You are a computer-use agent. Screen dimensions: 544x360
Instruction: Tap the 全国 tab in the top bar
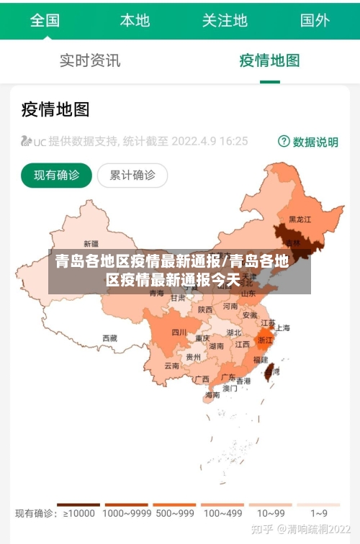click(45, 20)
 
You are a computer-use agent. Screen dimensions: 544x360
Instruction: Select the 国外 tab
click(315, 20)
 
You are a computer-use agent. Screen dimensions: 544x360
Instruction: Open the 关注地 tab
click(225, 20)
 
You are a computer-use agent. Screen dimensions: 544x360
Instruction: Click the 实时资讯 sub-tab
click(90, 60)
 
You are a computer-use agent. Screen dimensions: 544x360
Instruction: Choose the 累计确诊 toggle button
click(132, 175)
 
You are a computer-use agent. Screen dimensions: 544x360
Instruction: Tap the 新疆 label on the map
click(91, 243)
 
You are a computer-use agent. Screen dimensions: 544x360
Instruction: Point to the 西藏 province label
click(109, 337)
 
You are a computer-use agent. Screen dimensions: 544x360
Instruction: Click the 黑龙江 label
click(300, 219)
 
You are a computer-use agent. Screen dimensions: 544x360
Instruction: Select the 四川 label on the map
click(179, 332)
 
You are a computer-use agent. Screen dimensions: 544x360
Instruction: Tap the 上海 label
click(282, 327)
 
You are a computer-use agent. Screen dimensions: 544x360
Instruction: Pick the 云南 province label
click(172, 366)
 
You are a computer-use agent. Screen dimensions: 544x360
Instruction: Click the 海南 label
click(212, 394)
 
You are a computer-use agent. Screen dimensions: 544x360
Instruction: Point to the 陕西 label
click(205, 309)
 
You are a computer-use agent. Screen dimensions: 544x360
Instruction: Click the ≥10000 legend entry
click(78, 513)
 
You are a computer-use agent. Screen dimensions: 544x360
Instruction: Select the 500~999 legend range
click(174, 513)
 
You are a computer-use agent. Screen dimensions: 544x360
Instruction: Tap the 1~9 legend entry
click(319, 513)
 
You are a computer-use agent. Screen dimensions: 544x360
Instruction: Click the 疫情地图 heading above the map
click(55, 109)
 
